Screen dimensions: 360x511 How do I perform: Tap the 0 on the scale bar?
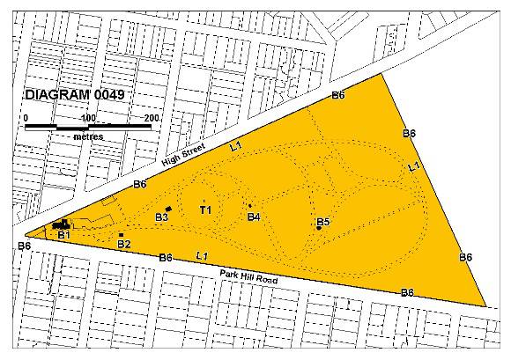point(26,118)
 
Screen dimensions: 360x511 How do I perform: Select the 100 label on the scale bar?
point(88,118)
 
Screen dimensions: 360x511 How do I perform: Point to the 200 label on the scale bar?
point(152,118)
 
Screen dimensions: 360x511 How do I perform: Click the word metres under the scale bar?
point(88,136)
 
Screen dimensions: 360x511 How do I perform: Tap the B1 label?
point(63,235)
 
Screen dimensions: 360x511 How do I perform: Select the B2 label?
point(124,244)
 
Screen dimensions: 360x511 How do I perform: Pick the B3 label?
point(161,217)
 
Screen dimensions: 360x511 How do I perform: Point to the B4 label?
point(254,217)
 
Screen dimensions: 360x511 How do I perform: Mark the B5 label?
point(322,222)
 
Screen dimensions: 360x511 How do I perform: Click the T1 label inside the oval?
point(205,209)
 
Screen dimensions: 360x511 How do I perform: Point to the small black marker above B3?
point(168,208)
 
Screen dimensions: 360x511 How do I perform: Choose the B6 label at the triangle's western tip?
point(25,246)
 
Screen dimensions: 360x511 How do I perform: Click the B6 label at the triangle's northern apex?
point(337,94)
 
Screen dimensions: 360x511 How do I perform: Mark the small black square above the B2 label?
point(121,234)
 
